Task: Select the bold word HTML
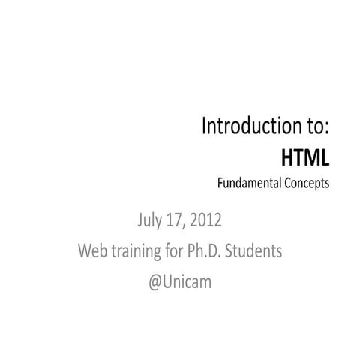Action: (305, 157)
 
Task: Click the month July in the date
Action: (151, 222)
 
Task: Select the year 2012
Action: (205, 222)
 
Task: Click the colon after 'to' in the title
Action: (327, 127)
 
